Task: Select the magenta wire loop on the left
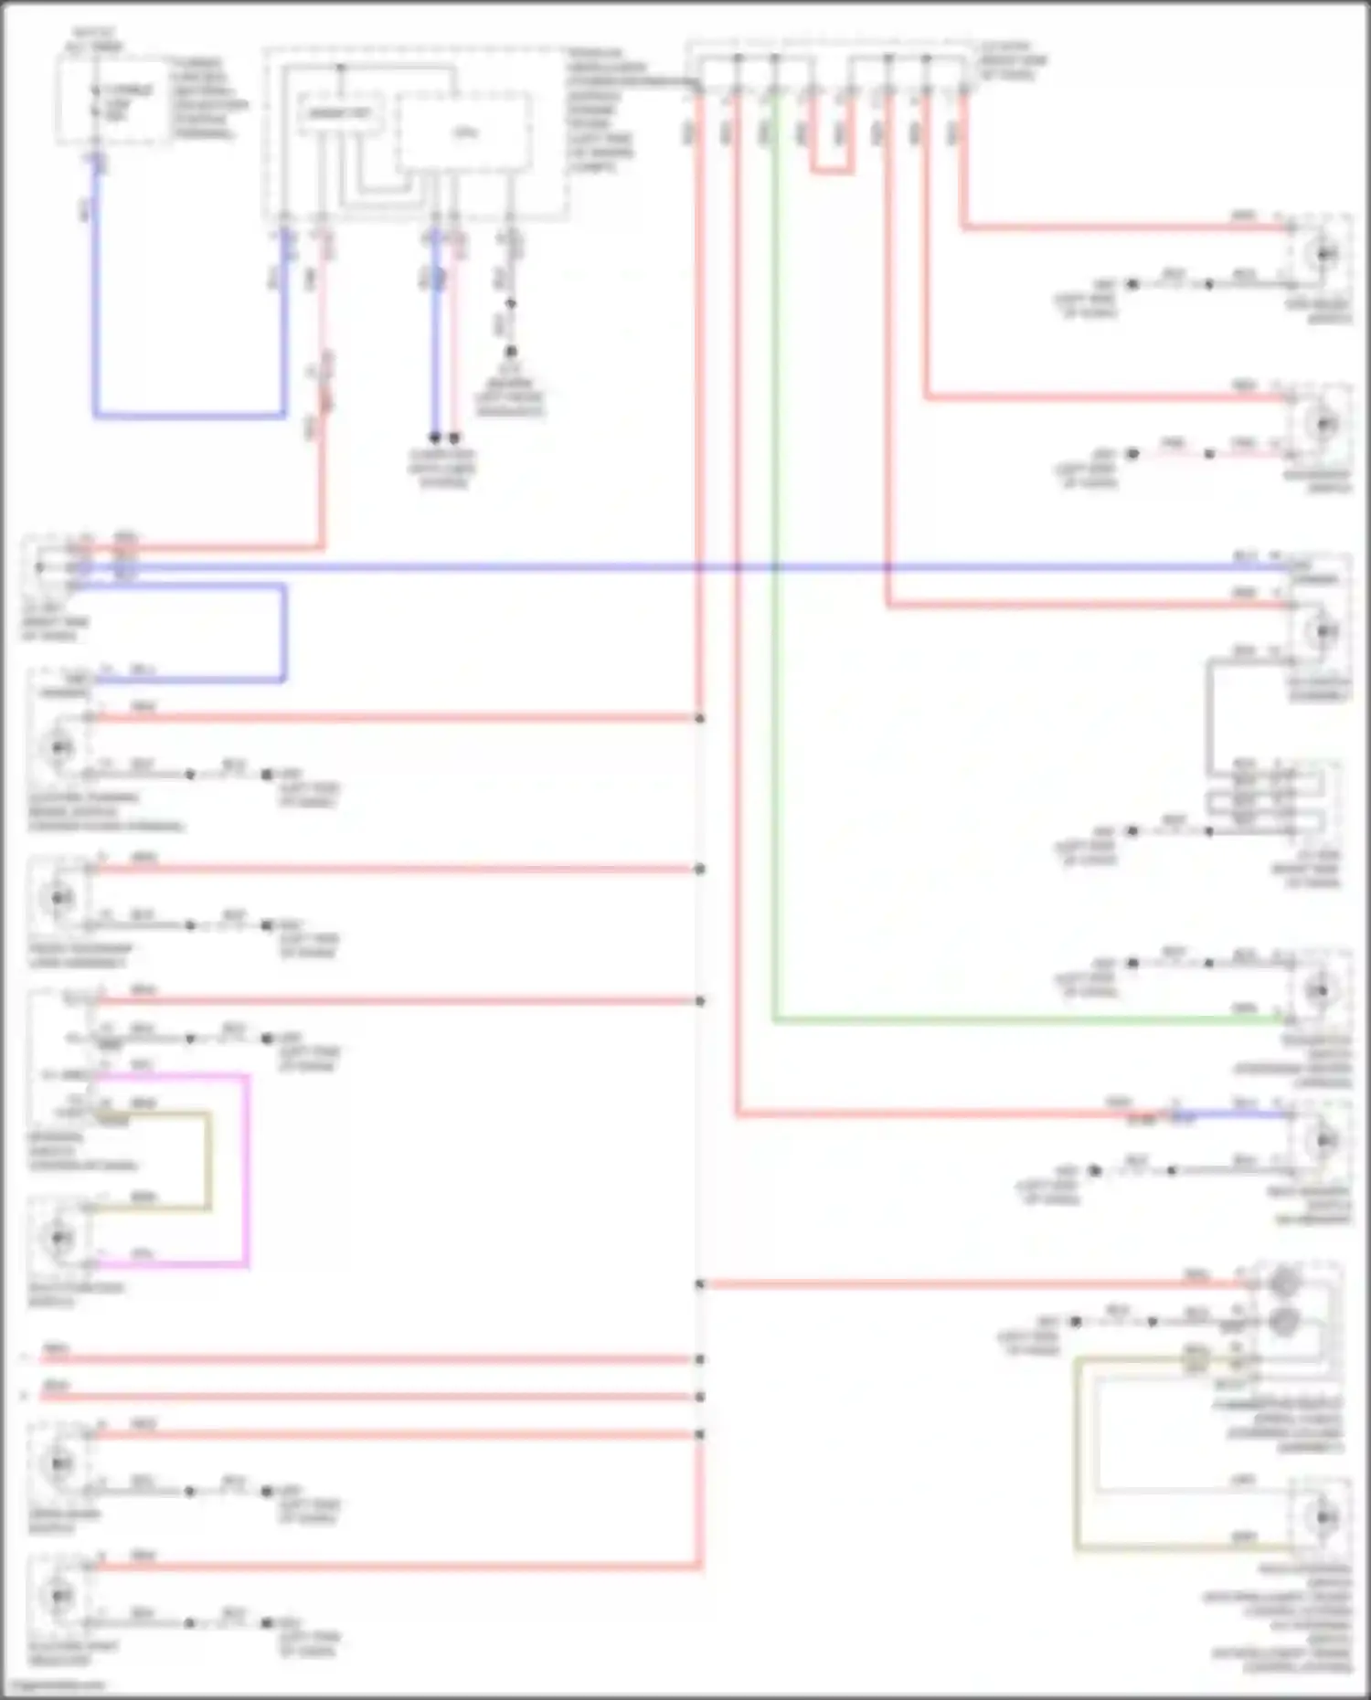click(247, 1169)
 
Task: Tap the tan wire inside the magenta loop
click(209, 1160)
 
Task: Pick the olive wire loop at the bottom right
click(1077, 1462)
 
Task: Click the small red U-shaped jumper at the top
click(831, 171)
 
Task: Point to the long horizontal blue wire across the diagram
click(548, 567)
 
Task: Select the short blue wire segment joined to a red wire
click(1234, 1114)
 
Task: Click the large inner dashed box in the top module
click(464, 132)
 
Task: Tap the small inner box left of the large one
click(338, 114)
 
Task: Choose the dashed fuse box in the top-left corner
click(113, 99)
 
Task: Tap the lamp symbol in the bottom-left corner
click(60, 1594)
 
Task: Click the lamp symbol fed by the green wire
click(1319, 990)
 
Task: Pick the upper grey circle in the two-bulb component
click(1284, 1283)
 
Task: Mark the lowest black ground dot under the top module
click(511, 352)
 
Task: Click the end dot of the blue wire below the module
click(435, 438)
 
